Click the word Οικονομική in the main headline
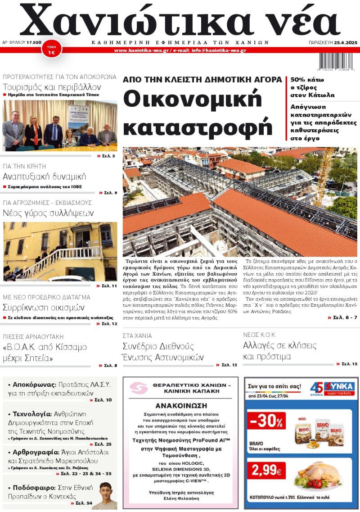point(193,99)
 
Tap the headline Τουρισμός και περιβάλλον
point(52,87)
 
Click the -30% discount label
point(266,421)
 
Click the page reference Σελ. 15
point(349,363)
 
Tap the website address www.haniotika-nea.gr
point(141,50)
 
